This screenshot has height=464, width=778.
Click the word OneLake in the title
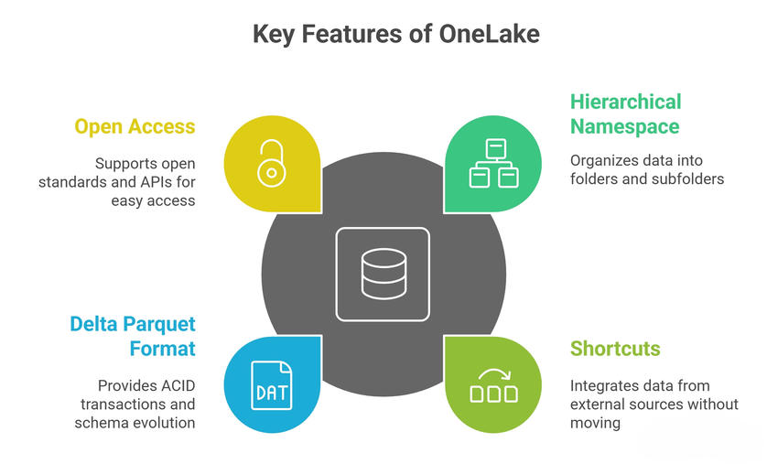pos(489,35)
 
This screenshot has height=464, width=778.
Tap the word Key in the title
pos(273,35)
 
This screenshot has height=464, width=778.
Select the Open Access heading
pos(135,126)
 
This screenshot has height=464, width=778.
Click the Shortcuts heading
pos(615,348)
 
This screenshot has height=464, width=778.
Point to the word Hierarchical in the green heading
pos(626,102)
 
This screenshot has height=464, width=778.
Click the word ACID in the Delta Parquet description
pos(177,385)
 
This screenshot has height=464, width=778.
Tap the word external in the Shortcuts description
pos(596,405)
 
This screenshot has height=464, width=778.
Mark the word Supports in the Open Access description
pos(127,163)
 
